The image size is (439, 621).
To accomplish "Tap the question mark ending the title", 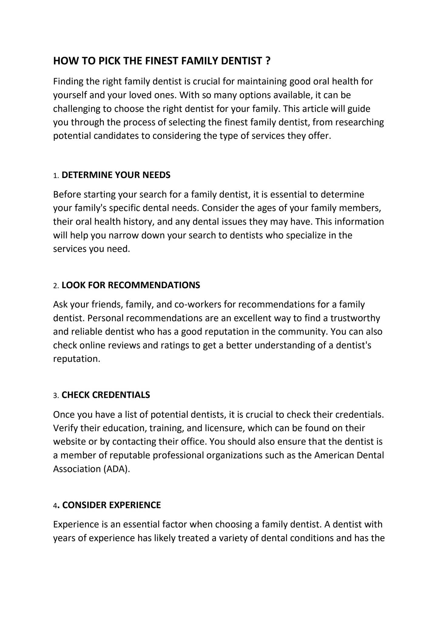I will [x=267, y=61].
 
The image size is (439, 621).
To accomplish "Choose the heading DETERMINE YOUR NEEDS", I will [x=116, y=175].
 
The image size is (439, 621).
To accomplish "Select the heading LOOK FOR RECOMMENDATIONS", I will [x=131, y=285].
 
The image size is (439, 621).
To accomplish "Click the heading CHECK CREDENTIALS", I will [x=106, y=395].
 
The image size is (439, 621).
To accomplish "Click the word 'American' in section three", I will [x=333, y=455].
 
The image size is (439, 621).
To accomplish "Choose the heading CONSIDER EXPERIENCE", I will [x=111, y=505].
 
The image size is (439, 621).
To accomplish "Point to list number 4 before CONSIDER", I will [x=55, y=506].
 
